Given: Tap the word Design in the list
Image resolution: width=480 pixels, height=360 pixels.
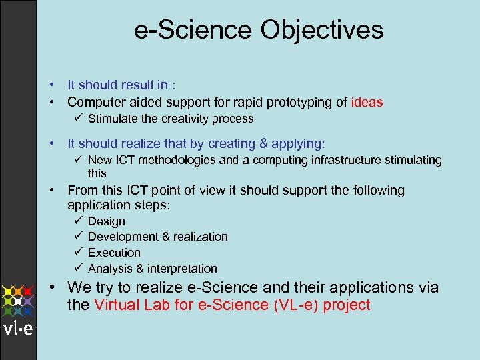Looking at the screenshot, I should coord(106,221).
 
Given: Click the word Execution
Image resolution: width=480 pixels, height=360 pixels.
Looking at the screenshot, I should coord(114,253).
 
